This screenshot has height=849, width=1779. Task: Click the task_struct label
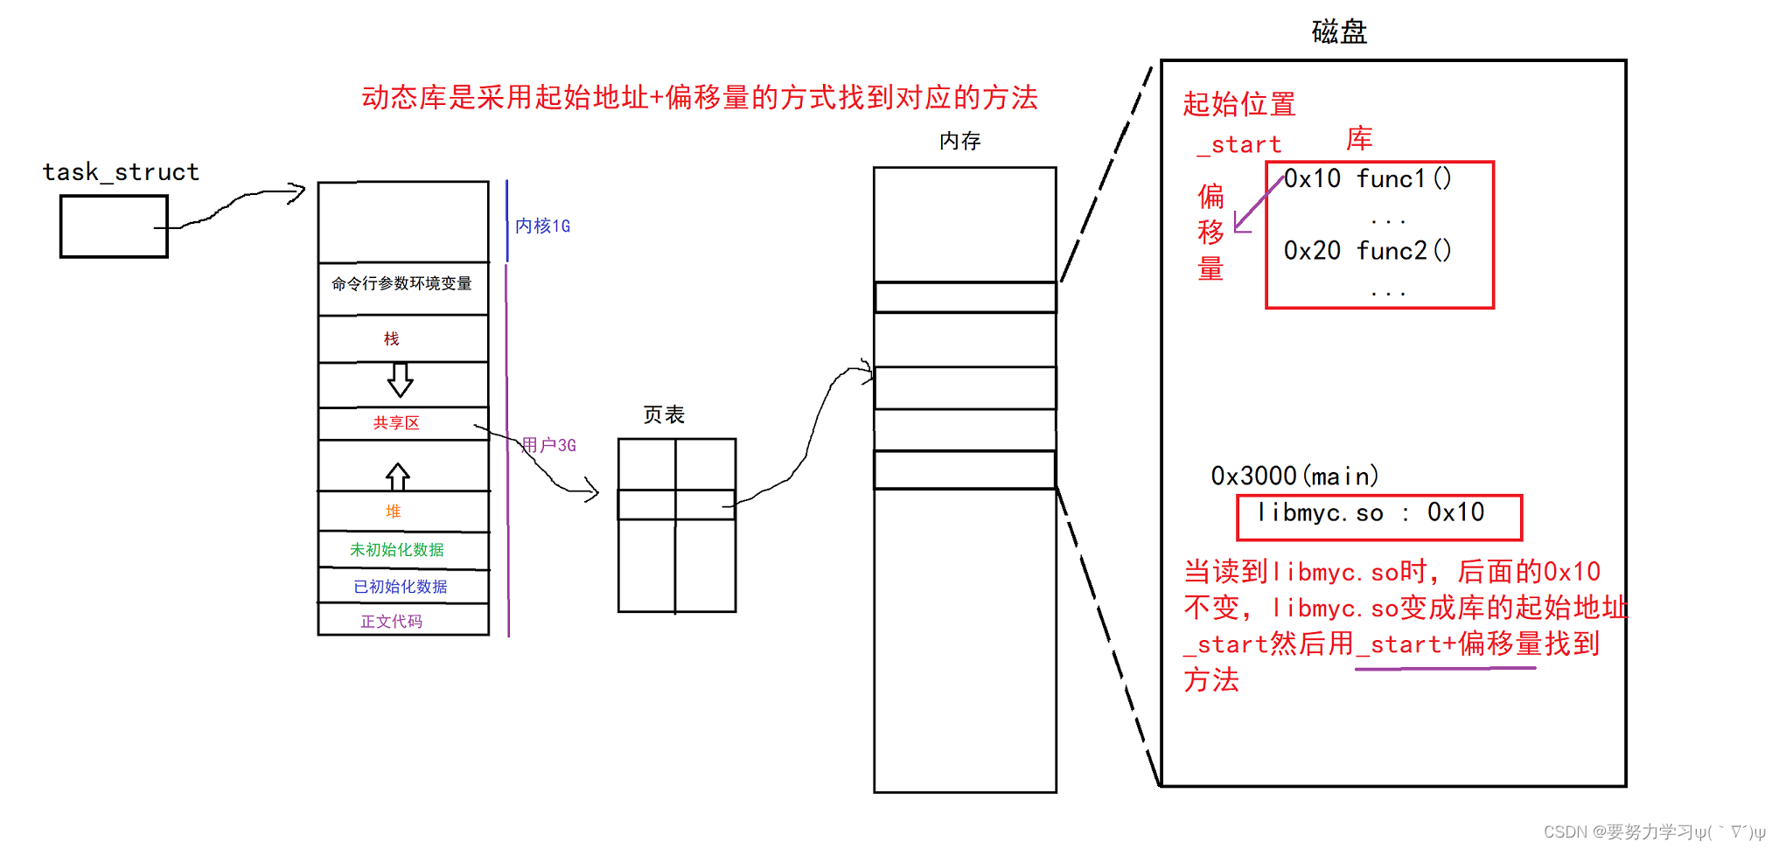(x=121, y=171)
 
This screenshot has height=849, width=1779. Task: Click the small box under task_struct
(x=114, y=226)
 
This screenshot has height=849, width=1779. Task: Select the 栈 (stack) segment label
(x=392, y=338)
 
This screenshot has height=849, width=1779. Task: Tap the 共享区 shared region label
(x=396, y=423)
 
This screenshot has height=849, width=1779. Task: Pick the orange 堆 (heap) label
(x=394, y=511)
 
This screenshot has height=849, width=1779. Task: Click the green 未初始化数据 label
(x=397, y=550)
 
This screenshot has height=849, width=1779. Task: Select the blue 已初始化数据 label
(x=401, y=587)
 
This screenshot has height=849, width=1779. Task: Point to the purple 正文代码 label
(x=392, y=622)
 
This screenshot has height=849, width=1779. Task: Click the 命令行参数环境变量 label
(x=401, y=283)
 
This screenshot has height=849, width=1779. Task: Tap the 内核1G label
(x=542, y=226)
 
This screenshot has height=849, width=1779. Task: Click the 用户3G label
(x=549, y=445)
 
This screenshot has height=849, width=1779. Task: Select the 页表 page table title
(x=664, y=414)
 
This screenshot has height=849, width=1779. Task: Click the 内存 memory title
(x=960, y=141)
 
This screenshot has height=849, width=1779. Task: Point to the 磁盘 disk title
(x=1339, y=32)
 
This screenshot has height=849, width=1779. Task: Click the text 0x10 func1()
(x=1367, y=179)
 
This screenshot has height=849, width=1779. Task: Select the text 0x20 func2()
(x=1367, y=251)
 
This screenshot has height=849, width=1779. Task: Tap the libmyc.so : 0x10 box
(x=1379, y=517)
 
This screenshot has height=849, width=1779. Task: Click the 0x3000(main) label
(x=1294, y=477)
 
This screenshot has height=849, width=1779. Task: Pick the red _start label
(x=1239, y=145)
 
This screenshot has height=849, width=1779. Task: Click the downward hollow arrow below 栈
(x=401, y=380)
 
